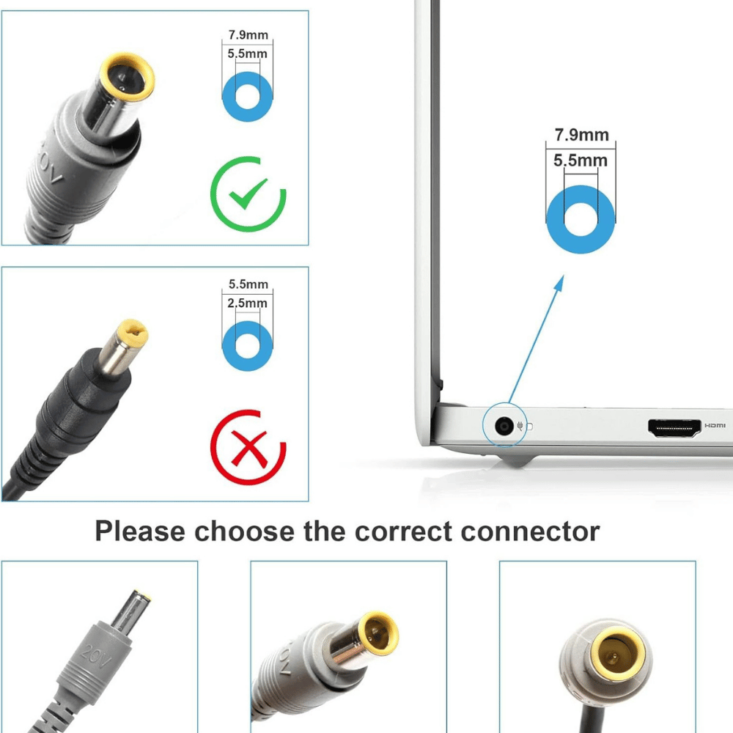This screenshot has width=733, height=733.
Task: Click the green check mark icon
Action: tap(249, 193)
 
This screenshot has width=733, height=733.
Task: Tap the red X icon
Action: tap(249, 448)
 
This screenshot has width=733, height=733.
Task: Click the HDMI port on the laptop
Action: tap(674, 428)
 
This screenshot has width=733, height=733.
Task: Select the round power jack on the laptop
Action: tap(504, 426)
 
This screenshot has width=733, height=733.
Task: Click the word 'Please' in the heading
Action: tap(140, 531)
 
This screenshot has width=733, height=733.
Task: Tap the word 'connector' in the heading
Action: tap(530, 531)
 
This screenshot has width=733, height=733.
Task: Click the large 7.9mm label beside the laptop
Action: tap(581, 135)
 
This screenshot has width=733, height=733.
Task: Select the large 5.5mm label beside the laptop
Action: tap(581, 161)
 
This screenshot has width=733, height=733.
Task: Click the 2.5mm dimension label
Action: tap(247, 303)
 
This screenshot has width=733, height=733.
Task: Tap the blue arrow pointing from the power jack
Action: tap(536, 339)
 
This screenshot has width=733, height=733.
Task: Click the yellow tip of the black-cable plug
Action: tap(132, 332)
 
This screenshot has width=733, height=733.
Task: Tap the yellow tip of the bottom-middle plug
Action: tap(379, 633)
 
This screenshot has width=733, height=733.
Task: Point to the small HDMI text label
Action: tap(715, 425)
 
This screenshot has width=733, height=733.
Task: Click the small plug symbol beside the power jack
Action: tap(520, 426)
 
